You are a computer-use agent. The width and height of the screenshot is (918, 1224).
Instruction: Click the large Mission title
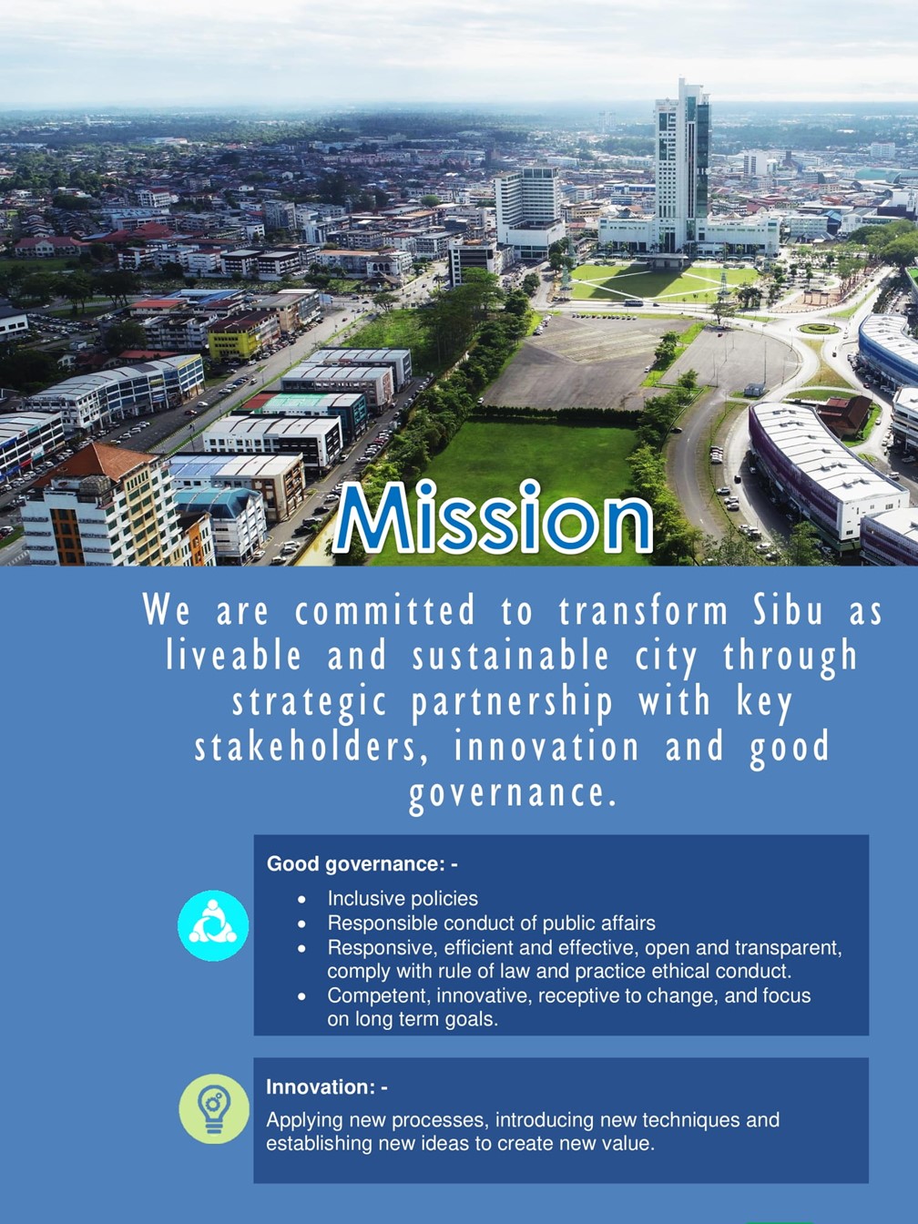pos(493,517)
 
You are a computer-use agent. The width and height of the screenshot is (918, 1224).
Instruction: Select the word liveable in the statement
pos(233,656)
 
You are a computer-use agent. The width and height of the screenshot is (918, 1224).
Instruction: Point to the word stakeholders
pos(306,747)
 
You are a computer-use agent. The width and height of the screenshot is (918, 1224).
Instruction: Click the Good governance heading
pos(362,864)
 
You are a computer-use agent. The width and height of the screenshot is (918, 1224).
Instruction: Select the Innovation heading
pos(327,1086)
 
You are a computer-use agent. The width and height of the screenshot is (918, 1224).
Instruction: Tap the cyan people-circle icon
pos(213,925)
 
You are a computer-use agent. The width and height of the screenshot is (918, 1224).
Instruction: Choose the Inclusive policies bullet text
pos(403,899)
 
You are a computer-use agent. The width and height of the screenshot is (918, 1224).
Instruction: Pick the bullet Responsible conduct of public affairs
pos(491,923)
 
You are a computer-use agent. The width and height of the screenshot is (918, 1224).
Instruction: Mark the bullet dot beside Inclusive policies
pos(301,900)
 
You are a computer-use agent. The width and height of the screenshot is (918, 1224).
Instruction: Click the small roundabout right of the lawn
pos(819,329)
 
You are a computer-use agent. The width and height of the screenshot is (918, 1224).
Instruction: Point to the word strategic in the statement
pos(310,702)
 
